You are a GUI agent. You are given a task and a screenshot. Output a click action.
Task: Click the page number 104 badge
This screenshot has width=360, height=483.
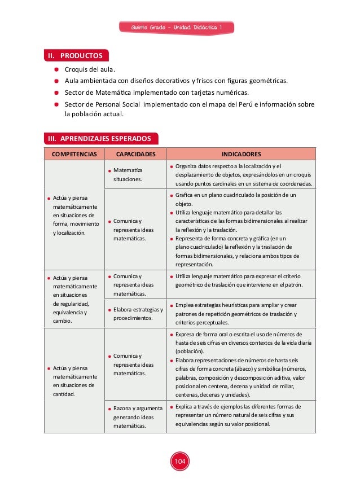(x=180, y=462)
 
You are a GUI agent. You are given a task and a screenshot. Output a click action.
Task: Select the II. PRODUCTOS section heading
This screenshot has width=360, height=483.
(x=77, y=56)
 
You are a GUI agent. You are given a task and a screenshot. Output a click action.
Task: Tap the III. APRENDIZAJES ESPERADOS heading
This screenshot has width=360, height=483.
(x=101, y=138)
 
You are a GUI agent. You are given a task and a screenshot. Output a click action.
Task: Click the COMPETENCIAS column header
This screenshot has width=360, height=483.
(x=74, y=153)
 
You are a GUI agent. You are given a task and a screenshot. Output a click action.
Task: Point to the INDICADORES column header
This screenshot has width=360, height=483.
(x=241, y=153)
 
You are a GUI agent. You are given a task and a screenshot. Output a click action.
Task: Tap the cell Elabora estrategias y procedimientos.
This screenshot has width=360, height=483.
(x=137, y=313)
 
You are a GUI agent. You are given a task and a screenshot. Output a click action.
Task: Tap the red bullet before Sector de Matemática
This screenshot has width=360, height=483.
(x=57, y=93)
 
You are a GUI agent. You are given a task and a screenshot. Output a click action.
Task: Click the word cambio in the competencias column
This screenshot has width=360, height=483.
(x=62, y=320)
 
